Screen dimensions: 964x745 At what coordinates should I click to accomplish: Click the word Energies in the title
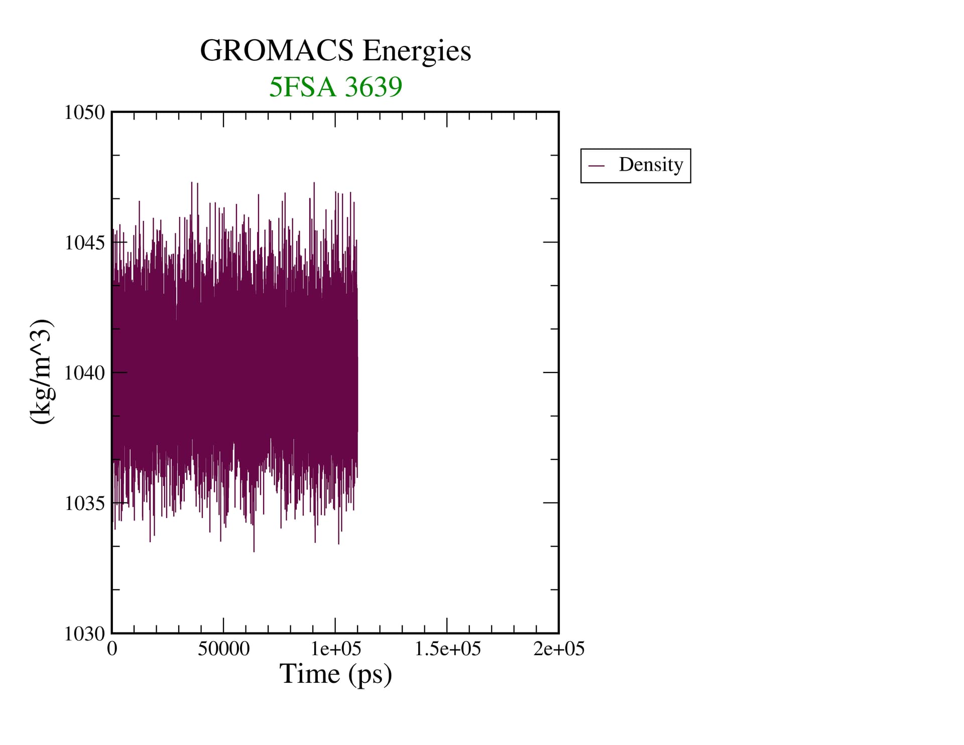pos(417,51)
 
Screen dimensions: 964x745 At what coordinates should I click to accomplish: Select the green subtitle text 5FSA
pos(302,87)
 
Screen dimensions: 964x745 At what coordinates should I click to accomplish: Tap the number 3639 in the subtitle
pos(374,87)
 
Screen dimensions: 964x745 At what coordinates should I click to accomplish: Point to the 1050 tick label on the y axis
pos(84,112)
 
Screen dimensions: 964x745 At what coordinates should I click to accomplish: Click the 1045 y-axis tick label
pos(84,242)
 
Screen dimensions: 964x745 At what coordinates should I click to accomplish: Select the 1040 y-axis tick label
pos(84,373)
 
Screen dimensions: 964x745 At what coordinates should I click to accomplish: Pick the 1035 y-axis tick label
pos(84,503)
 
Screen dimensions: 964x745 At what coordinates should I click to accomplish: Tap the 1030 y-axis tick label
pos(84,634)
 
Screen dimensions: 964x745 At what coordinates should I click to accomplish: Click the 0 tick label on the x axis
pos(112,649)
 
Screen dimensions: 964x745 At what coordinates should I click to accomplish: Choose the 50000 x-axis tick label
pos(223,649)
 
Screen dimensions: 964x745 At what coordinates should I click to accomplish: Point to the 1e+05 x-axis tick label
pos(335,649)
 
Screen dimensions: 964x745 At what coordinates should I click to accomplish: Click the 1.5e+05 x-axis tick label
pos(447,649)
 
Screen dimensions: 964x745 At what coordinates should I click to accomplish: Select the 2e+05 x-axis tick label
pos(559,649)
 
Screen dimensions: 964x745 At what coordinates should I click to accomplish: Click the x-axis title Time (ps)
pos(335,674)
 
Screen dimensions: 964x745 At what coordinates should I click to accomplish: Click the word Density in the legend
pos(651,165)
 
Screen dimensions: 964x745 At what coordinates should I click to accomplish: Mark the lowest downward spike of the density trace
pos(254,551)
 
